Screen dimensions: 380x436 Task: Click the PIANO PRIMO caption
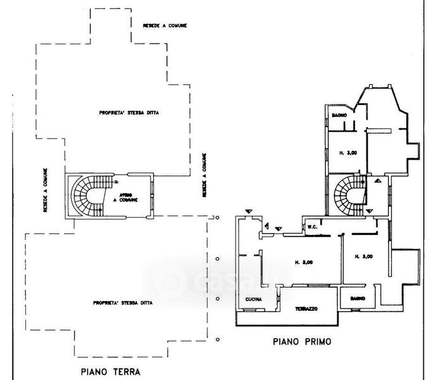302,341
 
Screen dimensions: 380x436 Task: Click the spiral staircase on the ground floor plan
85,196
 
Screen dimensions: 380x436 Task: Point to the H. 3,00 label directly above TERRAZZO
304,262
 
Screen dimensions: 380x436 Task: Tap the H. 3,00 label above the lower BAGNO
363,256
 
